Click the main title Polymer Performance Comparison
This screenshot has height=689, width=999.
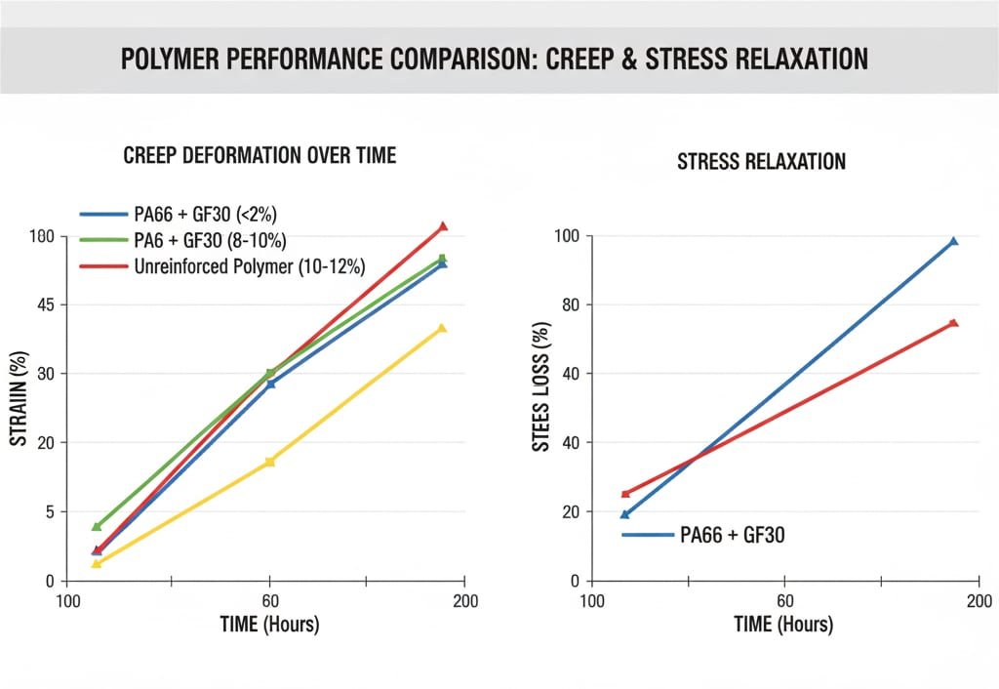[494, 59]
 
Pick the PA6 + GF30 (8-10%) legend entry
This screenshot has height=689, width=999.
[207, 240]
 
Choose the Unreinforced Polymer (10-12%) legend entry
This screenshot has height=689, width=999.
[248, 265]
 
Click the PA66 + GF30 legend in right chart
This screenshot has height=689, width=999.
[732, 535]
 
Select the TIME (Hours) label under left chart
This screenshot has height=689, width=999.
[268, 624]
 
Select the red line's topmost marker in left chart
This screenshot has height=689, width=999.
[443, 226]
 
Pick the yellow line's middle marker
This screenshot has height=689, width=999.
[270, 462]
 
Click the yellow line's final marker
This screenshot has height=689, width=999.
[442, 329]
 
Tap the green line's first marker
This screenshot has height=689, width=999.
[97, 527]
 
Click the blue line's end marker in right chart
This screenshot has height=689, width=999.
[953, 241]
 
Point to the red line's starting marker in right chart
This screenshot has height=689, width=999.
[625, 494]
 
